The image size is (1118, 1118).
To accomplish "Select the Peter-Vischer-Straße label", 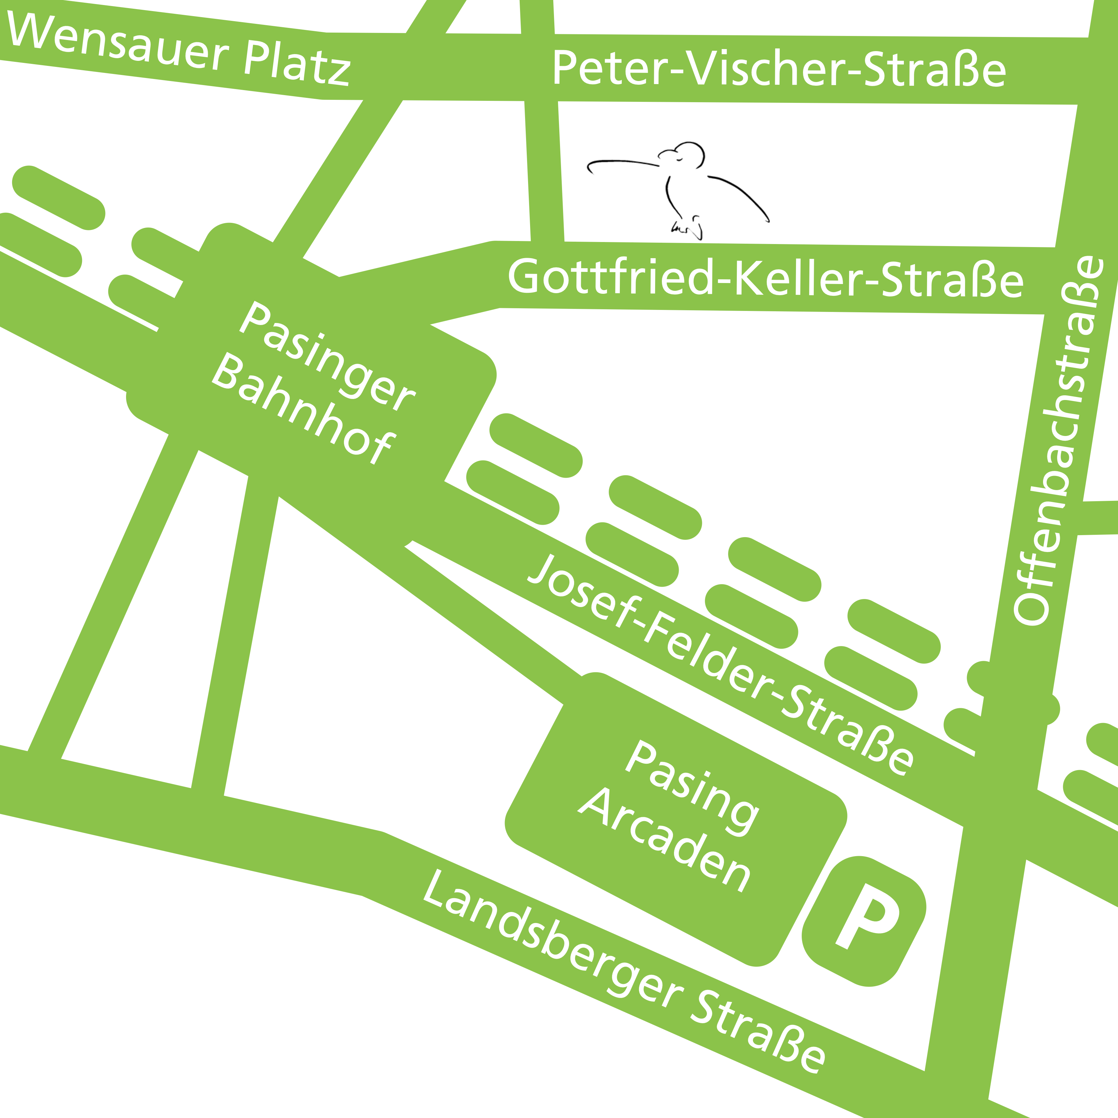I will [778, 70].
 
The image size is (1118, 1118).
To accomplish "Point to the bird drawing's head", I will [689, 153].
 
